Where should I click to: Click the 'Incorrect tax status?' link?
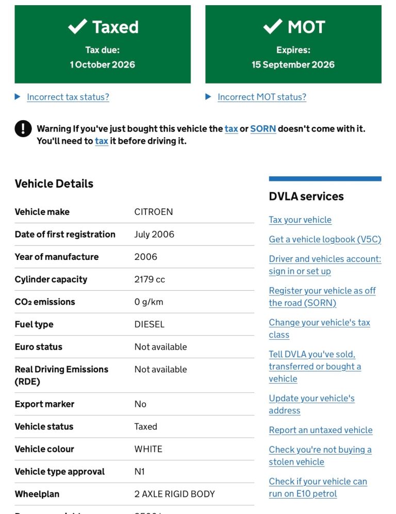[x=68, y=97]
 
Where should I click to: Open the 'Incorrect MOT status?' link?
[x=261, y=97]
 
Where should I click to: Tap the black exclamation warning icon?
[x=23, y=129]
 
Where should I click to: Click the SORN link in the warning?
[x=263, y=129]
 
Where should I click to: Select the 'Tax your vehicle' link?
[x=300, y=220]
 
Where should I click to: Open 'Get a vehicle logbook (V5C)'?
[x=325, y=239]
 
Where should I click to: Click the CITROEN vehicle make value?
[x=154, y=212]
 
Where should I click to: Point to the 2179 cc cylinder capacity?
[x=150, y=279]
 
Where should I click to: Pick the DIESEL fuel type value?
[x=150, y=324]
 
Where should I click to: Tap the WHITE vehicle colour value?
[x=148, y=449]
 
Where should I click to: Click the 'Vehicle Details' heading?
[x=54, y=184]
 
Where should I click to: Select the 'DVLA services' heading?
[x=306, y=196]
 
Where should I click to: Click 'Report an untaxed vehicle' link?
[x=320, y=430]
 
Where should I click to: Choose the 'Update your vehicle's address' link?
[x=311, y=404]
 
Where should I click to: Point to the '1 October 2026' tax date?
[x=103, y=65]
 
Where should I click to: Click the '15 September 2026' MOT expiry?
[x=293, y=65]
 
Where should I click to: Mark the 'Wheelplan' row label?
[x=37, y=494]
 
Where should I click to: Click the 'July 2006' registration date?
[x=154, y=235]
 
